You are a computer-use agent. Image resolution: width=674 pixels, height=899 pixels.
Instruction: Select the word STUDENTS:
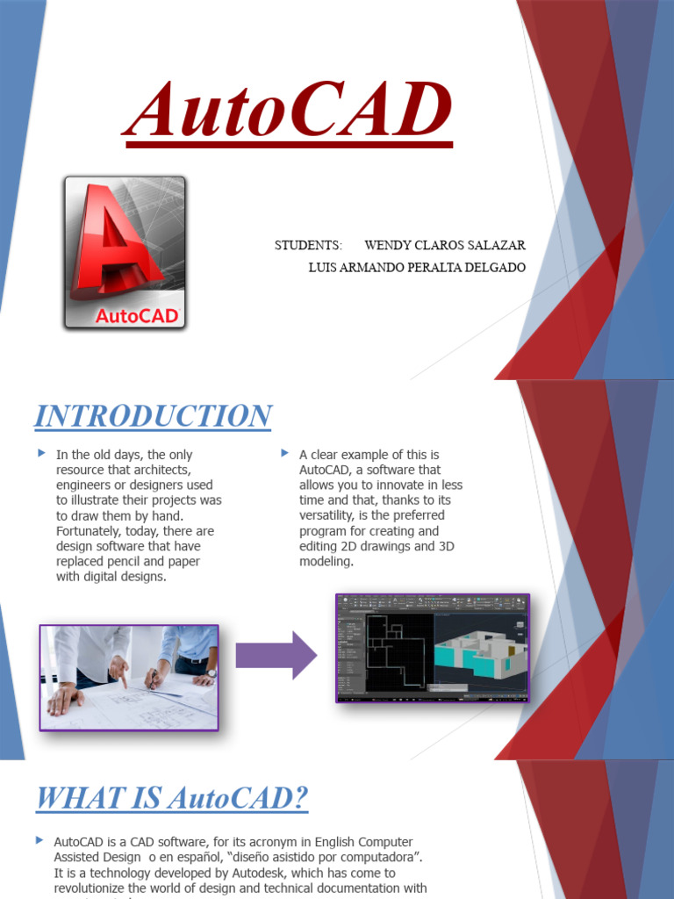(307, 245)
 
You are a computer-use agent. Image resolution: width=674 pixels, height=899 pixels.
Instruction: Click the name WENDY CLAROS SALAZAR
(445, 245)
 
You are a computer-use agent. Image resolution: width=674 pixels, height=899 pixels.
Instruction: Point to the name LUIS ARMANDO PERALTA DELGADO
(417, 267)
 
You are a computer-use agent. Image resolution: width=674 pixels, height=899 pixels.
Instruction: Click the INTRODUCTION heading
(153, 416)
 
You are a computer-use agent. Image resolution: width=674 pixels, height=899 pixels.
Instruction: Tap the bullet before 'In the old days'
(41, 453)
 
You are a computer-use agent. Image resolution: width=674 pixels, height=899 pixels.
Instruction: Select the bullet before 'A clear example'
(284, 453)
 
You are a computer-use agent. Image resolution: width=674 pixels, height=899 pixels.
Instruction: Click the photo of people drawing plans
(129, 677)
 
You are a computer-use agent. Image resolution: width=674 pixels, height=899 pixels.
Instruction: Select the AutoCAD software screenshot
(433, 648)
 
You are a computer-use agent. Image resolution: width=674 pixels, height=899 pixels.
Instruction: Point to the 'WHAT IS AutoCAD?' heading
(171, 799)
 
